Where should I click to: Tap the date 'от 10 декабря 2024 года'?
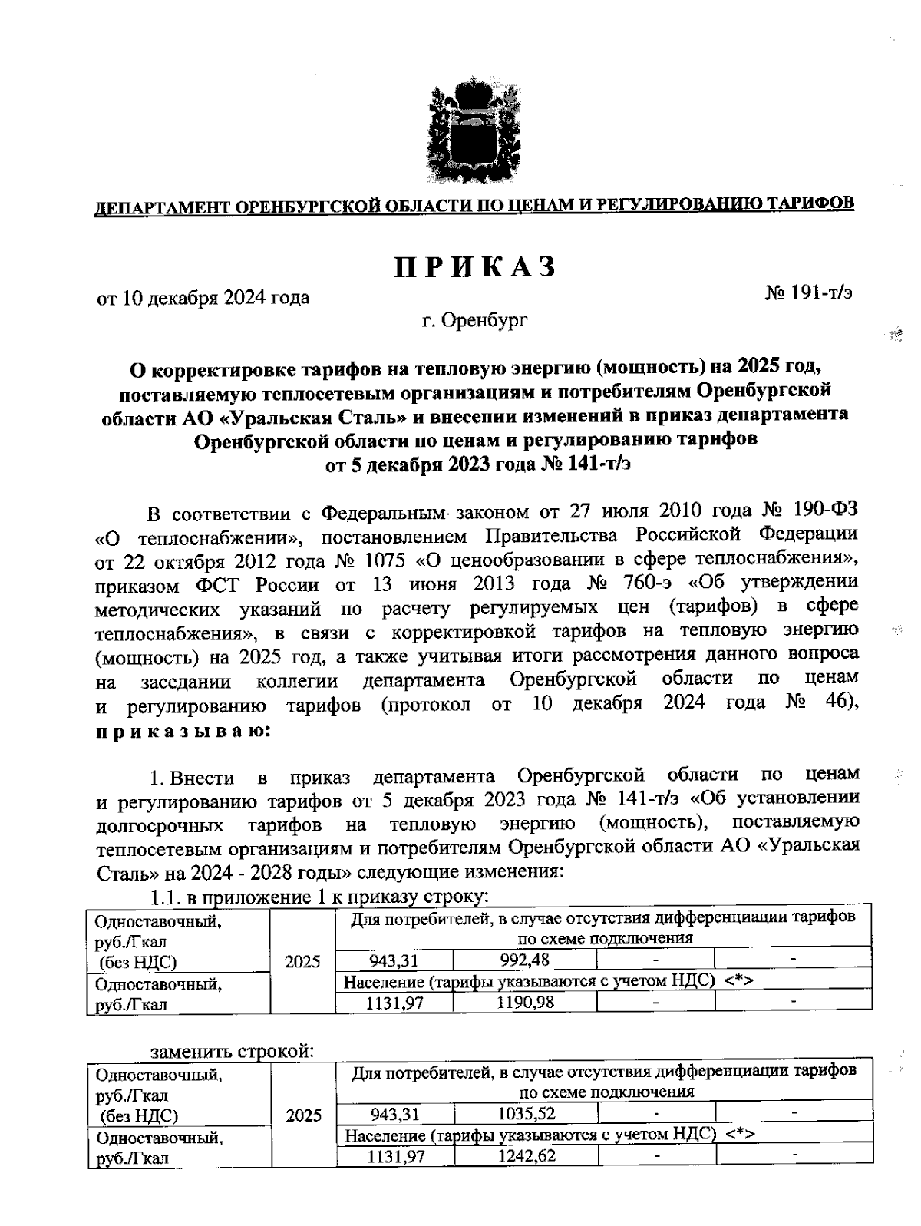coord(203,297)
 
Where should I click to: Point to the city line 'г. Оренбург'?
coord(474,322)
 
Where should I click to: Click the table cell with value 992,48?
coord(524,960)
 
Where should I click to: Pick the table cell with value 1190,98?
coord(524,1002)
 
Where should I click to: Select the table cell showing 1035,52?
coord(525,1113)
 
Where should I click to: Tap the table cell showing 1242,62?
coord(525,1155)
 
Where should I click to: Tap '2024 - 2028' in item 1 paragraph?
coord(238,873)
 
